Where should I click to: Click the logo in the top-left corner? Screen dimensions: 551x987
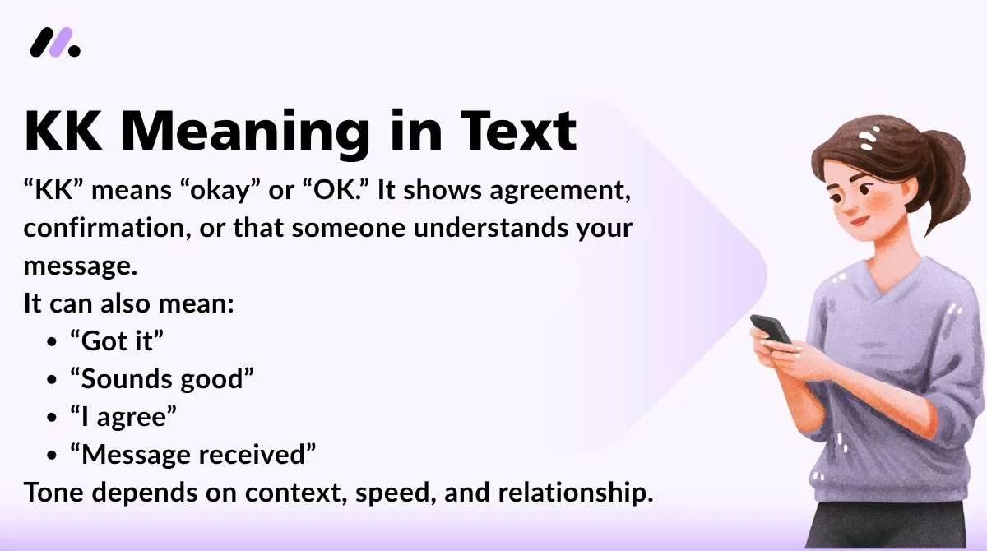[55, 42]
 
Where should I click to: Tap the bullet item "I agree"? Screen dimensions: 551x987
[123, 416]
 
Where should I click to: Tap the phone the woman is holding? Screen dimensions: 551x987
[770, 328]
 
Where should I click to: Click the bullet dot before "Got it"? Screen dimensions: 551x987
[53, 341]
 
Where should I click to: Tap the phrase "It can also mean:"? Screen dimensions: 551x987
[129, 303]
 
